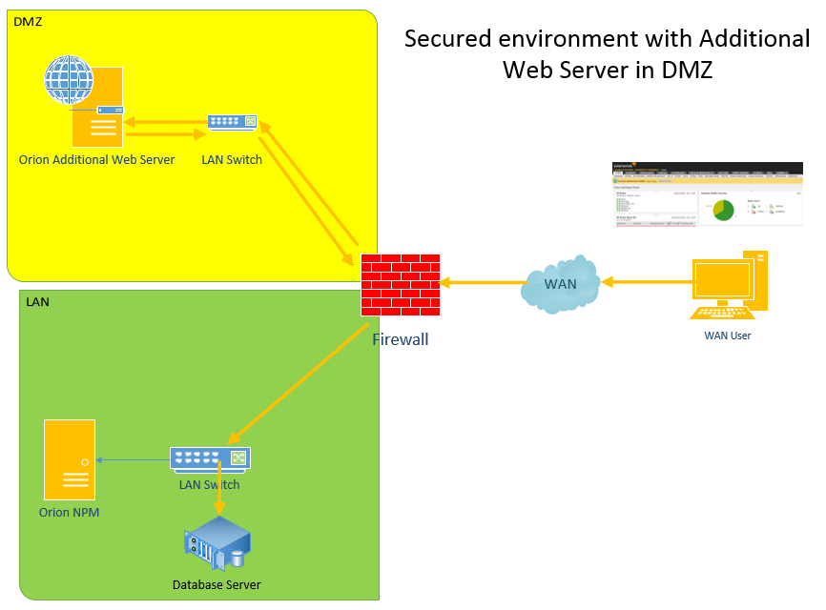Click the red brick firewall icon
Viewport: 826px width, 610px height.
click(x=400, y=285)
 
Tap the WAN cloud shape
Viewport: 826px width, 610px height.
click(x=561, y=281)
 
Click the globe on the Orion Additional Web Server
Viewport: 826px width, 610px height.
click(x=70, y=81)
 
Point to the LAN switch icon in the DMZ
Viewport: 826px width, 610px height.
click(x=233, y=122)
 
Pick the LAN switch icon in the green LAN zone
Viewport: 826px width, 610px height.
click(x=210, y=459)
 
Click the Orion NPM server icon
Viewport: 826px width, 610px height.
click(x=70, y=459)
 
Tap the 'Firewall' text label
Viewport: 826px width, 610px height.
click(x=400, y=338)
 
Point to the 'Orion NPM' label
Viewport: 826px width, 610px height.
click(x=70, y=513)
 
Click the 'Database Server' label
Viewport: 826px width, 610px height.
click(x=217, y=584)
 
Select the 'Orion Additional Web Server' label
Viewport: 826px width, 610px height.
click(x=96, y=159)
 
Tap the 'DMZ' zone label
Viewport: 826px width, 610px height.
click(x=28, y=21)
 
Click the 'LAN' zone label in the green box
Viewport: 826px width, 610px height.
click(x=37, y=301)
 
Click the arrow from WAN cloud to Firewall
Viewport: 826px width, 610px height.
click(x=482, y=281)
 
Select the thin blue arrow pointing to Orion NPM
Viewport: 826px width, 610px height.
click(x=134, y=460)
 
